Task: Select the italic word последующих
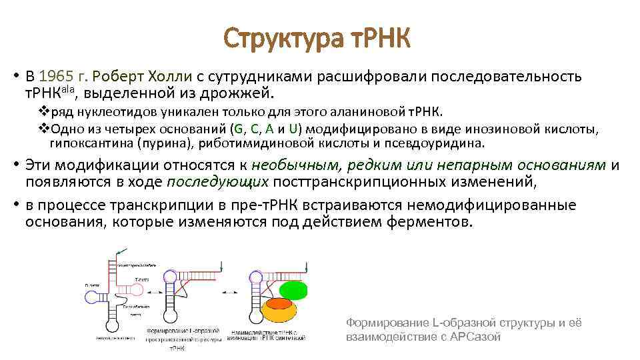pos(218,181)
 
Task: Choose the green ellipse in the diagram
pos(293,290)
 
